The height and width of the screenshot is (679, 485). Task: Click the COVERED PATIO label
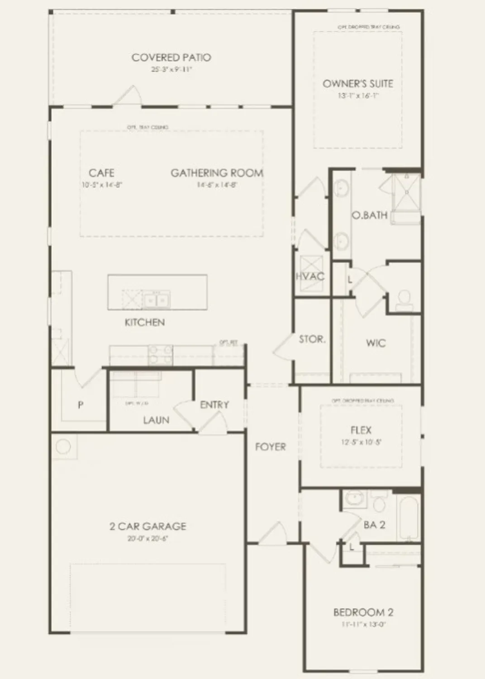click(171, 57)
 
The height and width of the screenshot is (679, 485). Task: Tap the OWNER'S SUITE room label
click(357, 84)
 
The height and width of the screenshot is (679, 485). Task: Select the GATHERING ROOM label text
click(217, 173)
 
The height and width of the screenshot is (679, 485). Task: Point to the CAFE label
click(101, 173)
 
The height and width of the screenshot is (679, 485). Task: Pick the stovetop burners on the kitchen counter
click(161, 354)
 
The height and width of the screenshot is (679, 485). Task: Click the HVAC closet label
click(310, 276)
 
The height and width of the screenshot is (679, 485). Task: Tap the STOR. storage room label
click(312, 339)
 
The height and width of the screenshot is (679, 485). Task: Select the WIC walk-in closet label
click(376, 343)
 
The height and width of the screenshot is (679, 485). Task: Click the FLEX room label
click(361, 430)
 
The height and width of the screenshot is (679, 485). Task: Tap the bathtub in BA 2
click(409, 517)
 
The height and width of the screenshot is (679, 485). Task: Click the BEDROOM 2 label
click(363, 612)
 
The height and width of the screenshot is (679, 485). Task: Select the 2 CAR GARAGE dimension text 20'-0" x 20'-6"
click(148, 539)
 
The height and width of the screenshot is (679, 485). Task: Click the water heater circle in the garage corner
click(63, 447)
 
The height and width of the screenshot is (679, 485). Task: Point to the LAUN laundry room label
click(156, 420)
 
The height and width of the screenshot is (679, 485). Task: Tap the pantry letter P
click(81, 405)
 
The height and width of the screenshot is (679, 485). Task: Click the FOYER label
click(270, 447)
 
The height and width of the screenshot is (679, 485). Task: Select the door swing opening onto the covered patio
click(129, 96)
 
